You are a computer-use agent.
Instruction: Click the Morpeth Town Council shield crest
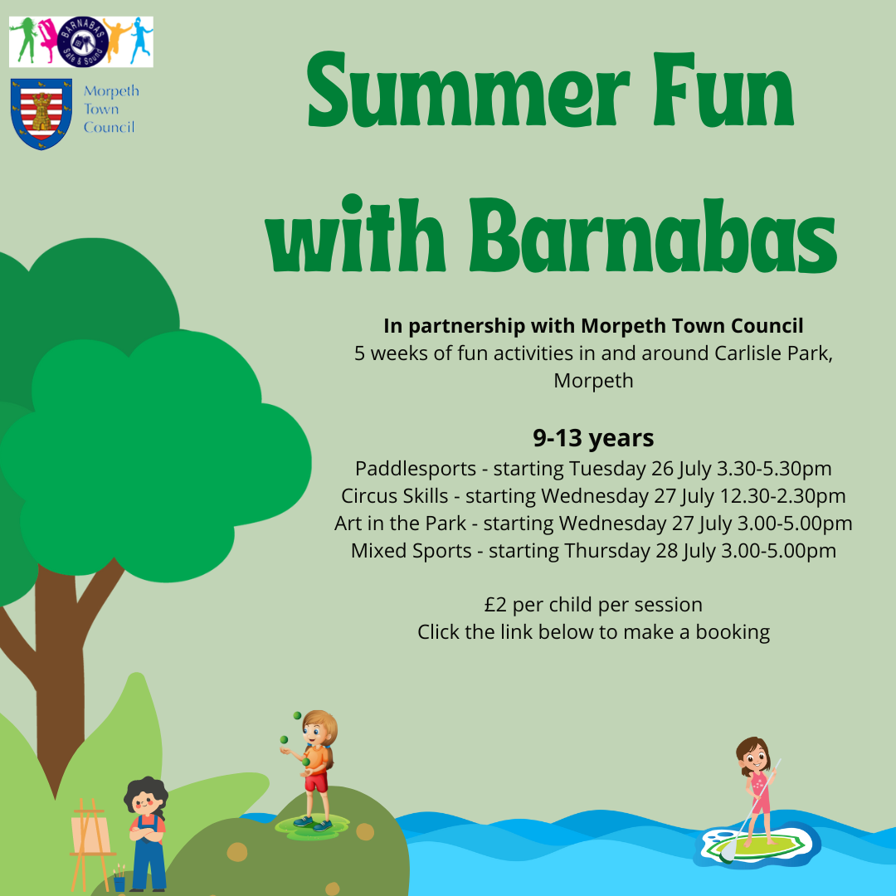point(41,114)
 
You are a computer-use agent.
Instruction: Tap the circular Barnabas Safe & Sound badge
point(83,41)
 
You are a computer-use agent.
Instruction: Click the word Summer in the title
point(468,90)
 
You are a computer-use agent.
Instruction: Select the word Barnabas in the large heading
point(653,236)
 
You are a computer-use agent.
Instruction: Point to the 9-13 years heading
point(593,438)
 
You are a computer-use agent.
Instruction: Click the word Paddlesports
point(416,469)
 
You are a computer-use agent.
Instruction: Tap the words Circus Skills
point(394,496)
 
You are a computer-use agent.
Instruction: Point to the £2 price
point(495,605)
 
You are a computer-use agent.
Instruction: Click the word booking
point(733,632)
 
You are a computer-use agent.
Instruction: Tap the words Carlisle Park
point(773,353)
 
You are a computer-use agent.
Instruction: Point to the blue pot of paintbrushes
point(119,882)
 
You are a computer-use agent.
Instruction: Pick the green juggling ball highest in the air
point(297,715)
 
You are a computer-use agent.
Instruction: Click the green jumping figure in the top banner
point(23,39)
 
